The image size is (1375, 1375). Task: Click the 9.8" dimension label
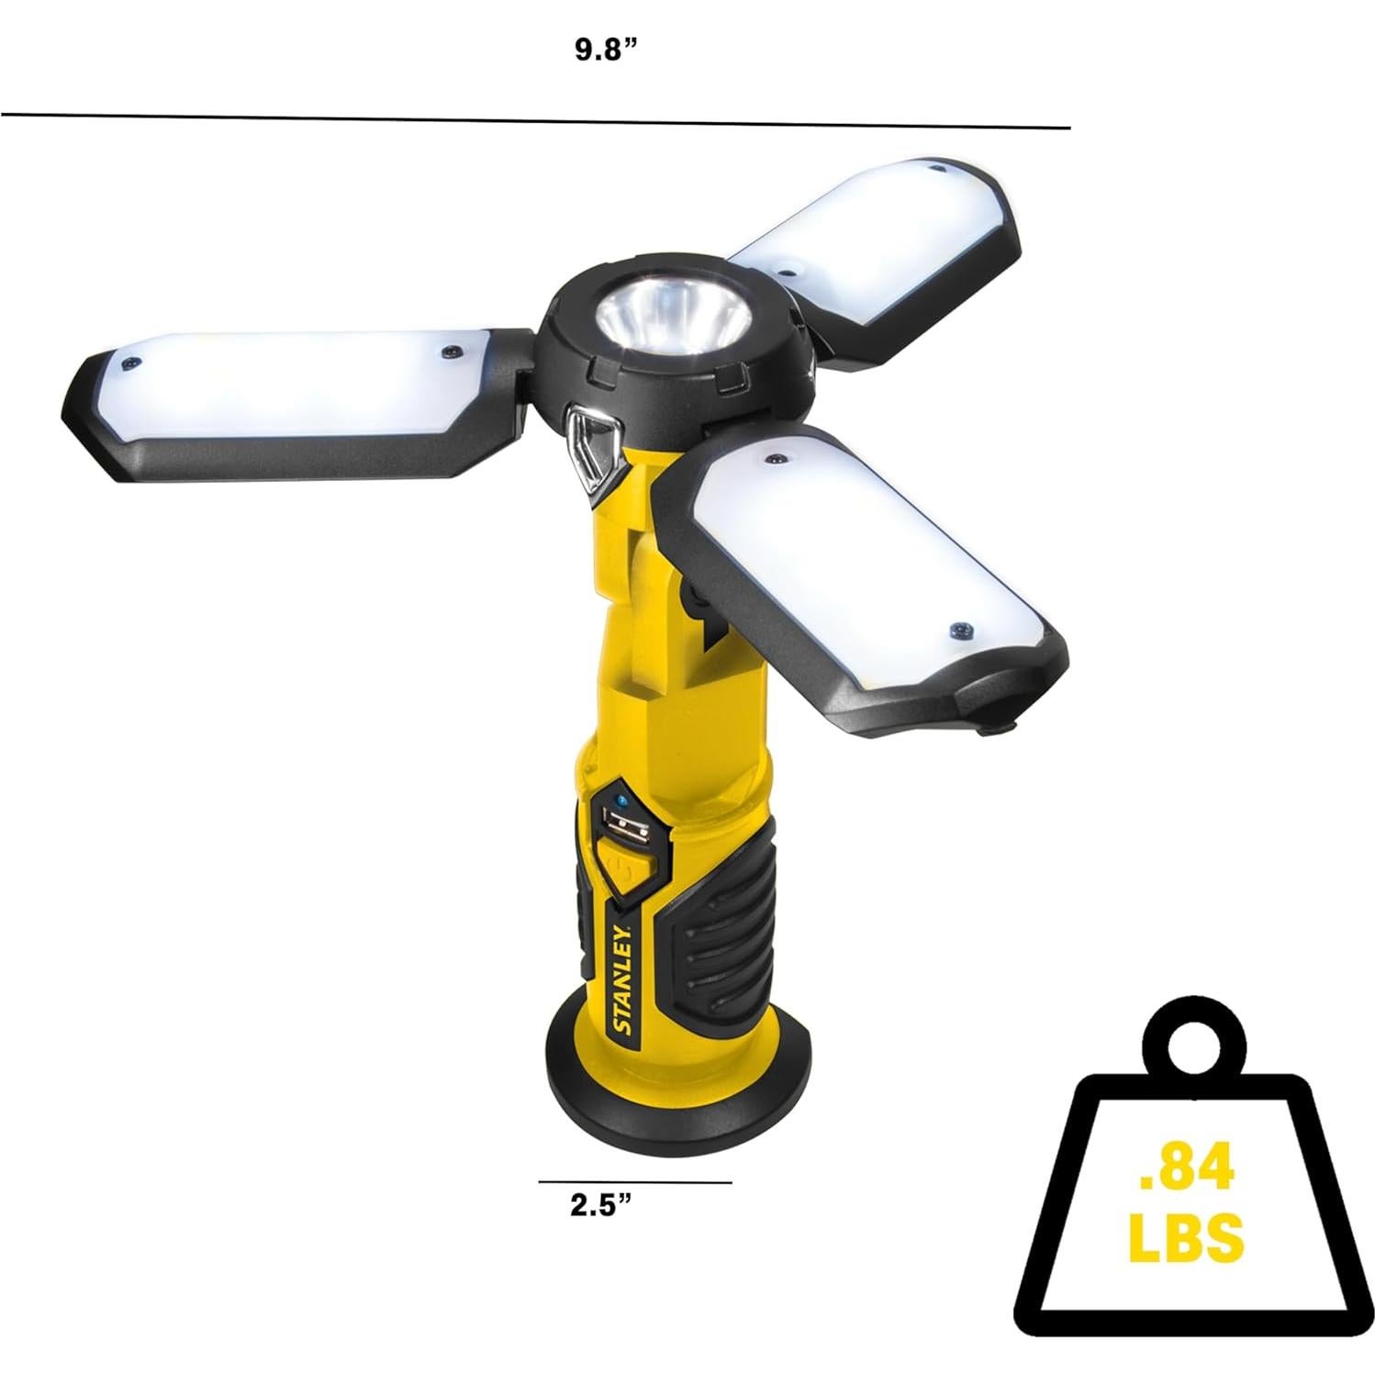tap(606, 50)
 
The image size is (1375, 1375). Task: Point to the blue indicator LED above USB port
tap(623, 799)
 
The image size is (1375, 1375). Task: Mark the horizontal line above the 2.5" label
tap(634, 1181)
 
